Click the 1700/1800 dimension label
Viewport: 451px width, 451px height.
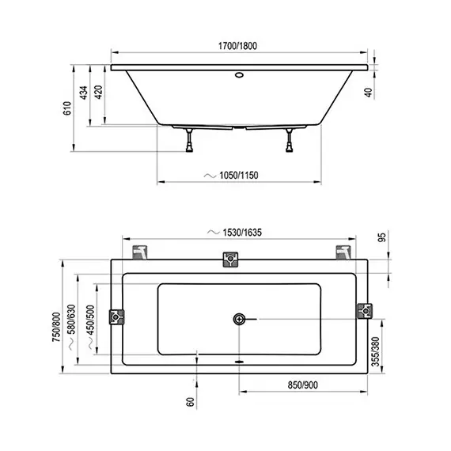coord(237,46)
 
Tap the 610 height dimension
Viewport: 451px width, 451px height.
coord(67,108)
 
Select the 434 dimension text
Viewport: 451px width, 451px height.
coord(83,93)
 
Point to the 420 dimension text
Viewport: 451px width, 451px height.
coord(98,92)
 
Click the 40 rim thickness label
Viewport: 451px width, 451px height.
coord(368,93)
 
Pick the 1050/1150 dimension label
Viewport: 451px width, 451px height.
coord(239,175)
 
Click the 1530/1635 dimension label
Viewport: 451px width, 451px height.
coord(242,233)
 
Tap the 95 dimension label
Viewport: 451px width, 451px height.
coord(381,237)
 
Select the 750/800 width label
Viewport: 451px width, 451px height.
coord(56,327)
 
